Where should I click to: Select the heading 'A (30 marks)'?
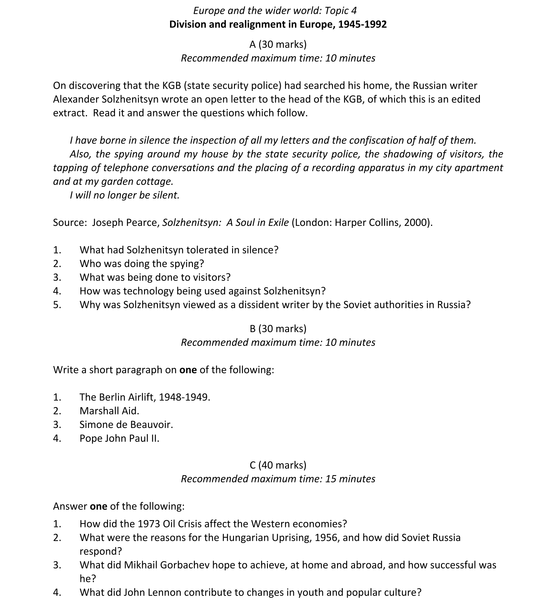(278, 45)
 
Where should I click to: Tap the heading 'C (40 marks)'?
(278, 465)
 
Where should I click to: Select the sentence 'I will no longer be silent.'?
(124, 195)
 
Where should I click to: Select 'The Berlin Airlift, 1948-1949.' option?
(145, 397)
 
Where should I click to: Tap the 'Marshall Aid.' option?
(109, 411)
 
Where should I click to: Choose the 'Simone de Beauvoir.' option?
(126, 425)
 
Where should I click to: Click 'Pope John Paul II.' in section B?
(119, 438)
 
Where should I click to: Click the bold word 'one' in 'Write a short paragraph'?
(188, 370)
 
